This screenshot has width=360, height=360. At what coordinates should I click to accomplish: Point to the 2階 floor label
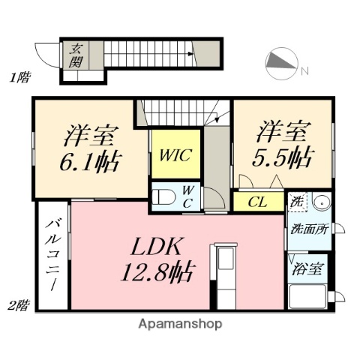[x=19, y=304]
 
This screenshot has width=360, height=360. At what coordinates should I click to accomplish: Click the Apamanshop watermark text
[x=179, y=324]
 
